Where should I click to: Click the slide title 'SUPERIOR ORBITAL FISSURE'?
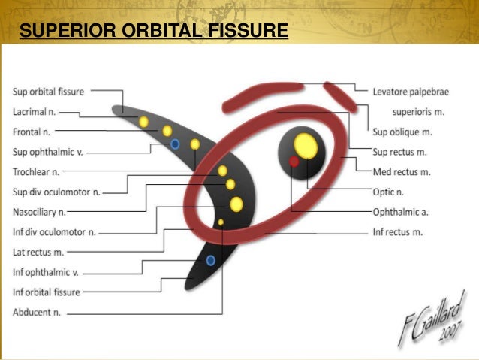(154, 31)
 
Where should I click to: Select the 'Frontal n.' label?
(32, 132)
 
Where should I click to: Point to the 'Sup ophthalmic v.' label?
(47, 152)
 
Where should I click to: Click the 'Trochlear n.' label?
(35, 172)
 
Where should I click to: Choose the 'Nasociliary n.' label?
(40, 211)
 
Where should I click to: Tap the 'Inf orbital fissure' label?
(47, 292)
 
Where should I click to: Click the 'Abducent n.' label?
(37, 311)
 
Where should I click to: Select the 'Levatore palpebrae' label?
(411, 92)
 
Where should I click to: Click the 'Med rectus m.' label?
(402, 172)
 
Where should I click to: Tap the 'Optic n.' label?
(388, 192)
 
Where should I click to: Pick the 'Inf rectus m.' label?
(397, 232)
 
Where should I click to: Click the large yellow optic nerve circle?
(304, 144)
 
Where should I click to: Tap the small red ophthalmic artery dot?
(294, 162)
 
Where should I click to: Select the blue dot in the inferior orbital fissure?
(211, 260)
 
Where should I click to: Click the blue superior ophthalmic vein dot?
(175, 143)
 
